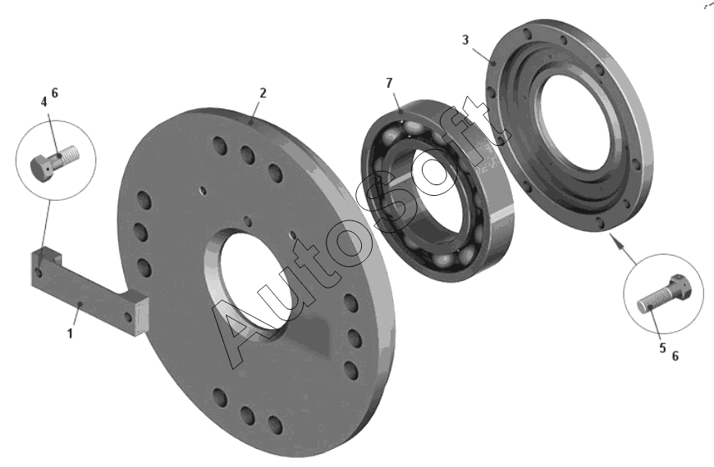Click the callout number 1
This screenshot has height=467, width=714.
point(70,333)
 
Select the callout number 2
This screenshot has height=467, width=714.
point(263,93)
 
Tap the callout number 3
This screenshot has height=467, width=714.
point(465,40)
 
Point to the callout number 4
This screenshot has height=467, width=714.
point(43,102)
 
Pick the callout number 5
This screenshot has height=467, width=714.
point(662,348)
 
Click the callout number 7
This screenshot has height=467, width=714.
point(389,84)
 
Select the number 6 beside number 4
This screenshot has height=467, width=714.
point(55,93)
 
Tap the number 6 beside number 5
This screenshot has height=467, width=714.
point(675,356)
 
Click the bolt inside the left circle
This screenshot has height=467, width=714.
point(54,162)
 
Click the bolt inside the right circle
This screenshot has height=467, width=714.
point(664,294)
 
